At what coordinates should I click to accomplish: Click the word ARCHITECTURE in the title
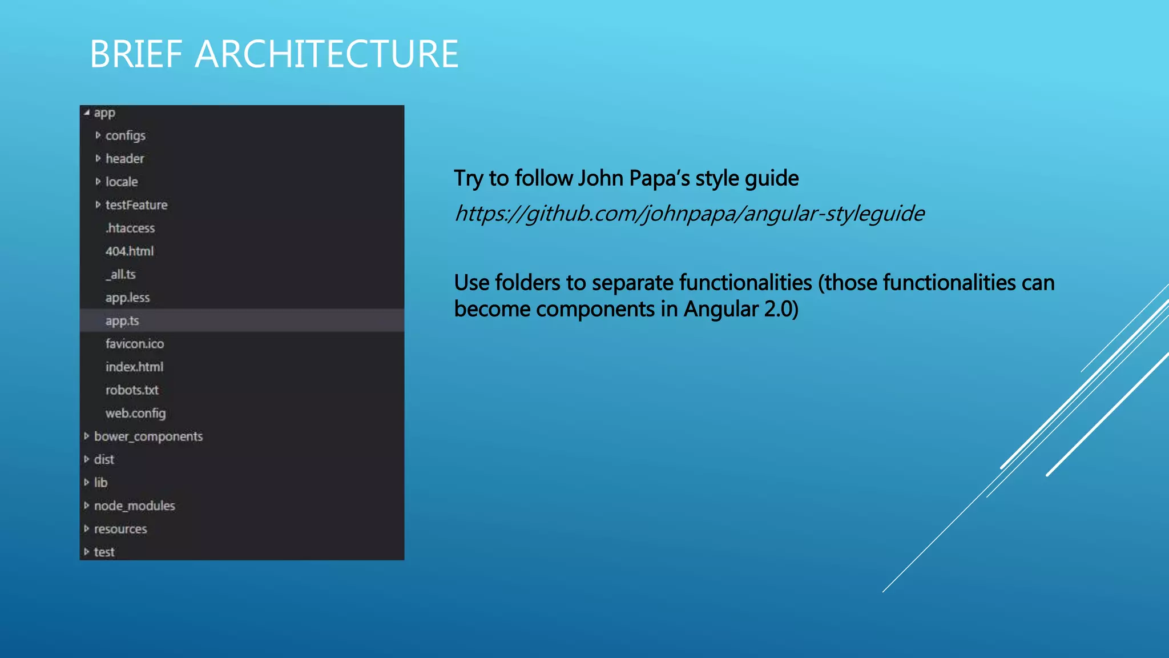[x=326, y=54]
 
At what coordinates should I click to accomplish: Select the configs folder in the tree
[x=125, y=136]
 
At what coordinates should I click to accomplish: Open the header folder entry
[x=124, y=159]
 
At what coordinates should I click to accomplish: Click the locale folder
[x=122, y=182]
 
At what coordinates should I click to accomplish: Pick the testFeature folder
[x=136, y=205]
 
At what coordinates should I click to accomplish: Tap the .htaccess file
[x=130, y=228]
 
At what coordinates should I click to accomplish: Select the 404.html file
[x=130, y=251]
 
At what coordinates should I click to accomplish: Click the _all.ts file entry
[x=120, y=275]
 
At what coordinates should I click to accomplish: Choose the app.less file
[x=127, y=298]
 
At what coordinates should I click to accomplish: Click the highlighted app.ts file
[x=122, y=321]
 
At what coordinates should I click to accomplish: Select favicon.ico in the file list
[x=135, y=344]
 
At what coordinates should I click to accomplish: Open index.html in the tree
[x=134, y=367]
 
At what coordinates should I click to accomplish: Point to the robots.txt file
[x=132, y=390]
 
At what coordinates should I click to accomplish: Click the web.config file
[x=135, y=414]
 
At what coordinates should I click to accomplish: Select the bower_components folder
[x=148, y=436]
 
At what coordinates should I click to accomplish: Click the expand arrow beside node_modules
[x=87, y=505]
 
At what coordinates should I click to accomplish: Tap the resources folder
[x=120, y=529]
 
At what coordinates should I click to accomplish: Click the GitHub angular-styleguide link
[x=689, y=214]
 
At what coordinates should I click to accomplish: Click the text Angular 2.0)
[x=741, y=309]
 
